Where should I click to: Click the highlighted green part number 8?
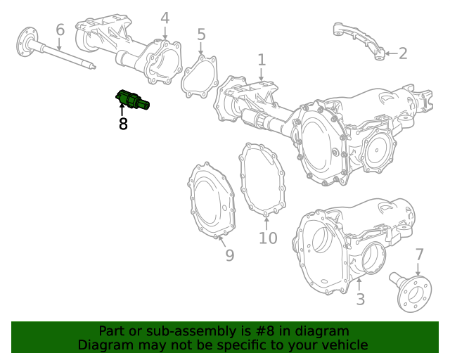131,101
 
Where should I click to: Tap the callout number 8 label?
123,125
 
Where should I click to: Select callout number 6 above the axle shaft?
60,30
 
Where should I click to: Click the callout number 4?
165,18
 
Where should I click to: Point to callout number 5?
201,34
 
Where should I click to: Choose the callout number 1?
262,60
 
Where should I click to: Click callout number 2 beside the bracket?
402,53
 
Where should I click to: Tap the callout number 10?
268,238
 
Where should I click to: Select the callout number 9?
229,255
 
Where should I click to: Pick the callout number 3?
360,300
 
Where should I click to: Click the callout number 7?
419,255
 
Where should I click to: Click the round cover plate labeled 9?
212,200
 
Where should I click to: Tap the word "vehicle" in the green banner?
342,345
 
